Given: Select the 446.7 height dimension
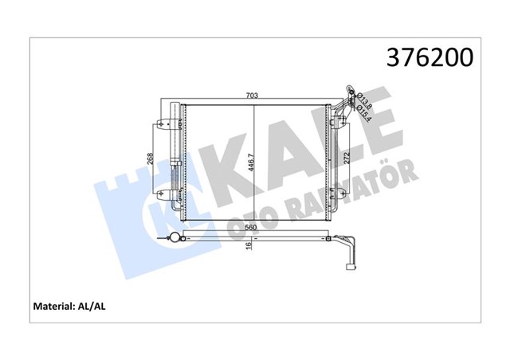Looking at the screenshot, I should (x=250, y=164).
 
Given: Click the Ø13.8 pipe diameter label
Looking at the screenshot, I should (x=359, y=100).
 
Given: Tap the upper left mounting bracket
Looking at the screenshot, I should (x=163, y=123).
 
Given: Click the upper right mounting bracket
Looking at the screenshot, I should (x=340, y=122).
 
